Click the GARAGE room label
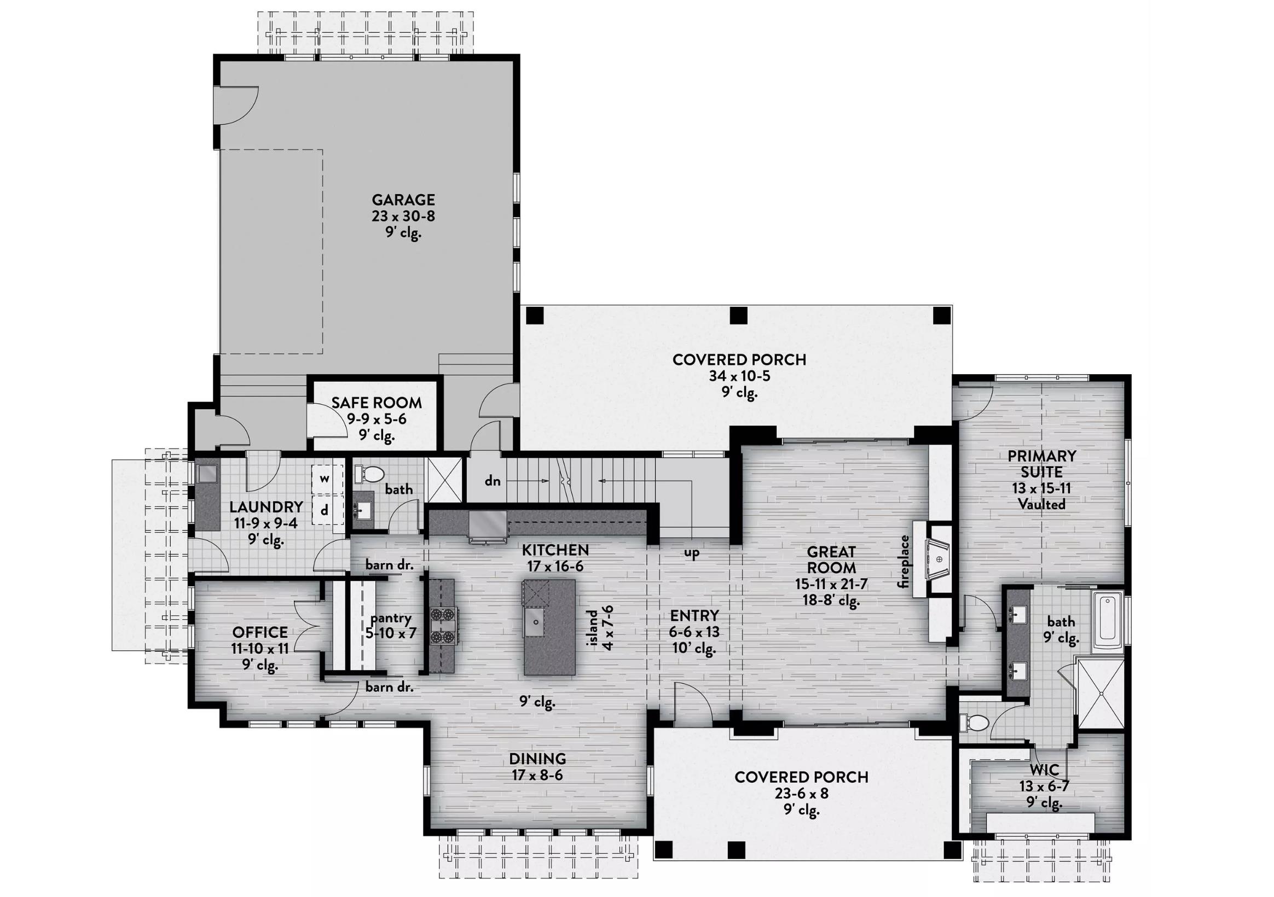tap(403, 200)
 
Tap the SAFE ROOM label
tap(376, 403)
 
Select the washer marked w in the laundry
tap(325, 478)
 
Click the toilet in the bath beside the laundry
tap(370, 474)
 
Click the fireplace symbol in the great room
tap(939, 560)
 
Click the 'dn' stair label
tap(492, 481)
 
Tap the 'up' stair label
tap(691, 553)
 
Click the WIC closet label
tap(1044, 770)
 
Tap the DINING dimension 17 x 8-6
tap(537, 775)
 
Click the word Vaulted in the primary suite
tap(1041, 504)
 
